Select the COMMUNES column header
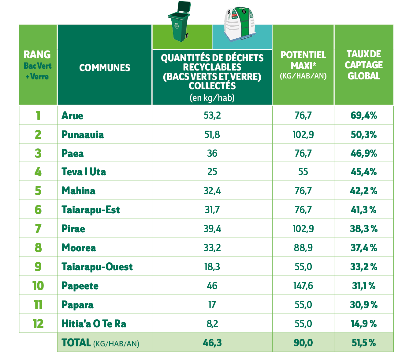click(x=105, y=68)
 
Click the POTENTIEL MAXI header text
click(x=303, y=60)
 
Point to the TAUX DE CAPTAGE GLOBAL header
click(x=363, y=65)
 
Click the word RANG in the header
click(x=37, y=55)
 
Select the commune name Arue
click(x=72, y=116)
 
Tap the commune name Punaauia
click(x=83, y=135)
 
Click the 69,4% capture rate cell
click(x=363, y=116)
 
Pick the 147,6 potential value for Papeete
click(x=303, y=286)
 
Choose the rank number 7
click(x=38, y=229)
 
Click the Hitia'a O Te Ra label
click(x=94, y=324)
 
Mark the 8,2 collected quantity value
click(x=212, y=324)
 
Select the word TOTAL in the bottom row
click(x=76, y=343)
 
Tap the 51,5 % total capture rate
click(x=363, y=343)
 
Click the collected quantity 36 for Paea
click(x=212, y=154)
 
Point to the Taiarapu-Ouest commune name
click(x=97, y=267)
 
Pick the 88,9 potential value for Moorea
click(x=303, y=248)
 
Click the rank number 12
click(x=38, y=324)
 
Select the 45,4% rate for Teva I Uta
click(x=363, y=172)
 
